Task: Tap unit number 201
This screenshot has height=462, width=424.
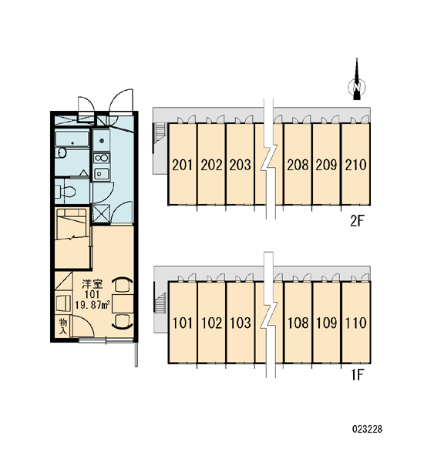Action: (182, 165)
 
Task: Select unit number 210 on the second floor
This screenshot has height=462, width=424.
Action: (356, 165)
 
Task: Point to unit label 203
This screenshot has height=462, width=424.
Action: (241, 165)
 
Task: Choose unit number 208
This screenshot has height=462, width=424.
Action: (298, 165)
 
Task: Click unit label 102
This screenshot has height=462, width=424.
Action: (211, 323)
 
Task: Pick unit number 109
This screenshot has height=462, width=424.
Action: (327, 323)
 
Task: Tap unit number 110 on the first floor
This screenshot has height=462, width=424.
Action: (356, 323)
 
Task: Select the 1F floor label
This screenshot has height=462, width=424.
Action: (357, 375)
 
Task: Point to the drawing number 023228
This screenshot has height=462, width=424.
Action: (367, 429)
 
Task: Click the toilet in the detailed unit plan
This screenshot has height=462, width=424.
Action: (65, 192)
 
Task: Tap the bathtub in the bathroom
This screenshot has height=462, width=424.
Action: (72, 139)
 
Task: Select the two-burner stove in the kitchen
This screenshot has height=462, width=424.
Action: (101, 158)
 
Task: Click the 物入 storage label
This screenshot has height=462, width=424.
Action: (63, 326)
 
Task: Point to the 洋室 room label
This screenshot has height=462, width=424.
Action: (92, 285)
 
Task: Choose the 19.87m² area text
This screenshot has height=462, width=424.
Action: (93, 305)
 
